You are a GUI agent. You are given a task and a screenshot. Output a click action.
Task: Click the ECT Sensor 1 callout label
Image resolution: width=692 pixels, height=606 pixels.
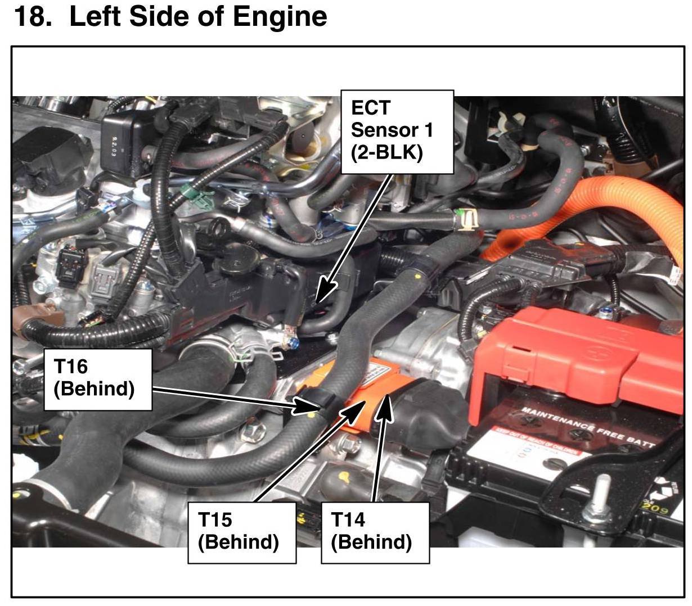[x=397, y=132]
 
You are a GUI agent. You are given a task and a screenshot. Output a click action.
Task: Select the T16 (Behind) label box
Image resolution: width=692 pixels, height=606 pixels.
[x=98, y=379]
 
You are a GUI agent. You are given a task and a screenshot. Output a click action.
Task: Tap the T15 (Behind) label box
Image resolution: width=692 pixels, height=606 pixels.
[x=241, y=532]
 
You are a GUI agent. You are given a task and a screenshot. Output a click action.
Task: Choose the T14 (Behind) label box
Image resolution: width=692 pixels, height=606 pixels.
[x=375, y=532]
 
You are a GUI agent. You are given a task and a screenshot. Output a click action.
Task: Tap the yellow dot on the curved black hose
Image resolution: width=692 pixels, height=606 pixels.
[x=417, y=278]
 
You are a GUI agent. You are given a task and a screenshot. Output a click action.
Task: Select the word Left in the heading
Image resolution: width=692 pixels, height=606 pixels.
[x=92, y=17]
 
